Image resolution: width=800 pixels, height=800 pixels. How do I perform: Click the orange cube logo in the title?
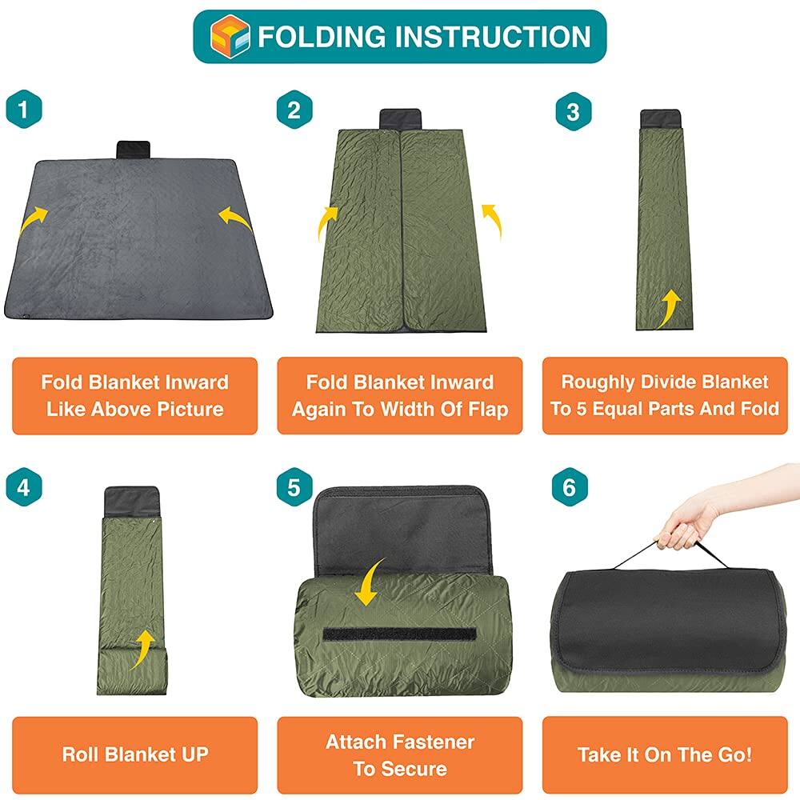230,36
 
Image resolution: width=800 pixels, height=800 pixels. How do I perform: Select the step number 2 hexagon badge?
294,110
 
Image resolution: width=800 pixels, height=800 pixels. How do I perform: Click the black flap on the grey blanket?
133,150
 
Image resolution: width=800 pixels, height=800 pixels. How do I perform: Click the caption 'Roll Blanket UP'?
134,754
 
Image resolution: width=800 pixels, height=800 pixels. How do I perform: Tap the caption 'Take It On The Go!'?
664,754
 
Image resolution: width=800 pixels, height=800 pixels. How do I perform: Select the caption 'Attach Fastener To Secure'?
399,754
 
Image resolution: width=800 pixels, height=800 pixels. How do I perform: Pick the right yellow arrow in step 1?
234,218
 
